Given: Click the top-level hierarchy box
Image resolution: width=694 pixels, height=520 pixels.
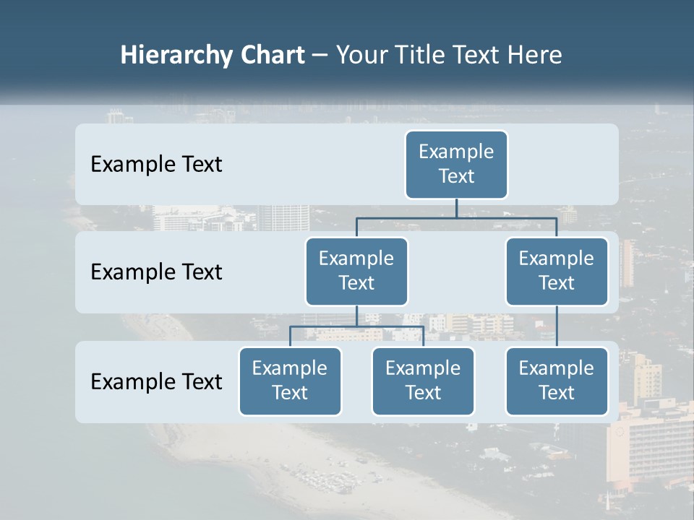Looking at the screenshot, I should (x=456, y=164).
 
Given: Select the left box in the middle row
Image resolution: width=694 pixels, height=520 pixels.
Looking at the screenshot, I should (x=356, y=271).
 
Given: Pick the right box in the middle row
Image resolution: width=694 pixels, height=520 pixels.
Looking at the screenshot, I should (x=557, y=271).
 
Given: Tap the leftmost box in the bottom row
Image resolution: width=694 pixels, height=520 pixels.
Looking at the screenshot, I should (x=290, y=381).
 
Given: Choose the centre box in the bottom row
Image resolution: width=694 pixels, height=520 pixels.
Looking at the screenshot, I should (x=423, y=381).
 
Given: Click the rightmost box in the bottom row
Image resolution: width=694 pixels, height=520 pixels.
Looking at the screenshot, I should (x=557, y=381).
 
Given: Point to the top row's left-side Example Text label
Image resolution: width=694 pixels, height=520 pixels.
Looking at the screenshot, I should (x=156, y=165).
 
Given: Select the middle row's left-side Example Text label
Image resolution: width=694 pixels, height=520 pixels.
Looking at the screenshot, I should (x=156, y=272).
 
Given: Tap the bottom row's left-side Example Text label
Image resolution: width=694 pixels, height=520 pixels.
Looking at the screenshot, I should (x=156, y=381).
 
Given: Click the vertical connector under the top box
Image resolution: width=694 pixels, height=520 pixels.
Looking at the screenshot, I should (x=456, y=208).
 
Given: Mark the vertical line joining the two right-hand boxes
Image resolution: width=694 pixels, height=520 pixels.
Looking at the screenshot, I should (x=557, y=326).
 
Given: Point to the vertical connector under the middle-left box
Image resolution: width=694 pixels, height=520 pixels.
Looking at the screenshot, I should (x=356, y=316).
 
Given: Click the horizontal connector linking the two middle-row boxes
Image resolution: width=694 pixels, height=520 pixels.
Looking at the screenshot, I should (x=506, y=217).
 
